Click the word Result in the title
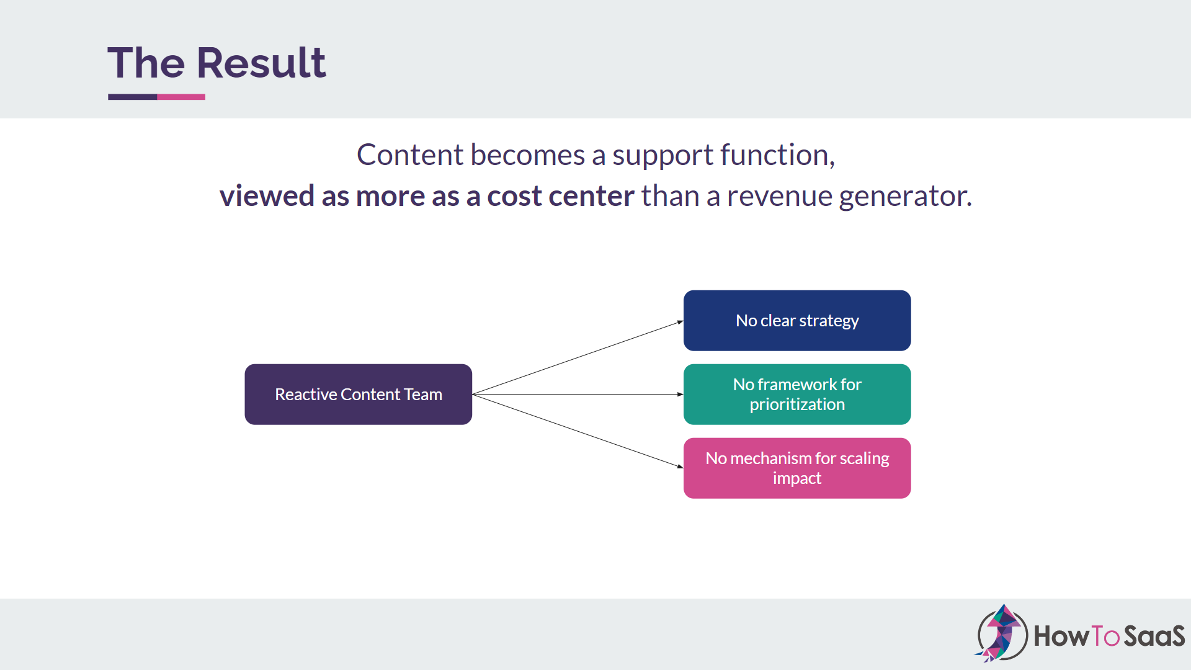click(261, 63)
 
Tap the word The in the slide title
click(146, 63)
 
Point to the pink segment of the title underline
click(181, 97)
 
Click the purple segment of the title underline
click(132, 97)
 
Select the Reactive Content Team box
click(358, 394)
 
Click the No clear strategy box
click(796, 320)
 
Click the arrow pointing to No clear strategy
click(577, 357)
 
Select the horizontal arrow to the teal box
click(577, 394)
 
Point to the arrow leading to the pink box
click(577, 431)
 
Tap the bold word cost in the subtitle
click(514, 196)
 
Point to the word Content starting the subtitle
click(409, 154)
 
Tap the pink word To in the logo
click(1105, 636)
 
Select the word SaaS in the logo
click(1154, 636)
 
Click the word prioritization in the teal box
click(797, 404)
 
